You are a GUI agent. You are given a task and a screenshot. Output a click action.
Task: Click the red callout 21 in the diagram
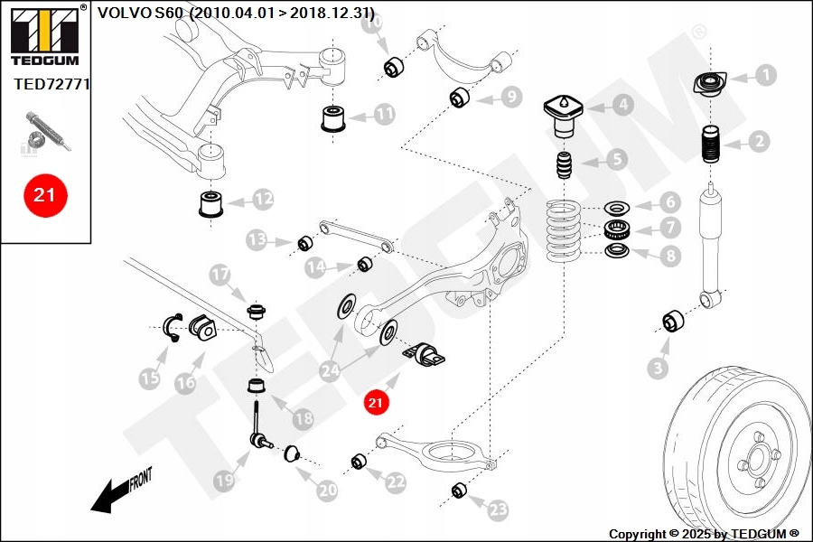click(375, 402)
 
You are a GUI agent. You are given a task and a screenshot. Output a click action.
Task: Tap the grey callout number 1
click(765, 75)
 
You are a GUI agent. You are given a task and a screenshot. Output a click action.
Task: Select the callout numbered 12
click(263, 197)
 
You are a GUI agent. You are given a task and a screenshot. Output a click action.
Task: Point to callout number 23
click(499, 511)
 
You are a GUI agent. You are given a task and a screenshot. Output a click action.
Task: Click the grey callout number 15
click(150, 379)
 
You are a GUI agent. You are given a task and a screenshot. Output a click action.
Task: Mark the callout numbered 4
click(622, 105)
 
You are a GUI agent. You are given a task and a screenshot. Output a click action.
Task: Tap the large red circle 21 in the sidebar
click(44, 194)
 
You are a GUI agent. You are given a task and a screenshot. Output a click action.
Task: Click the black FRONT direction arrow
click(111, 495)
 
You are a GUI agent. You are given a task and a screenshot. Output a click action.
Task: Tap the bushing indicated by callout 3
click(673, 321)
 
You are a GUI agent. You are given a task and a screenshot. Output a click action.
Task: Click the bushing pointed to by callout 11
click(335, 118)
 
